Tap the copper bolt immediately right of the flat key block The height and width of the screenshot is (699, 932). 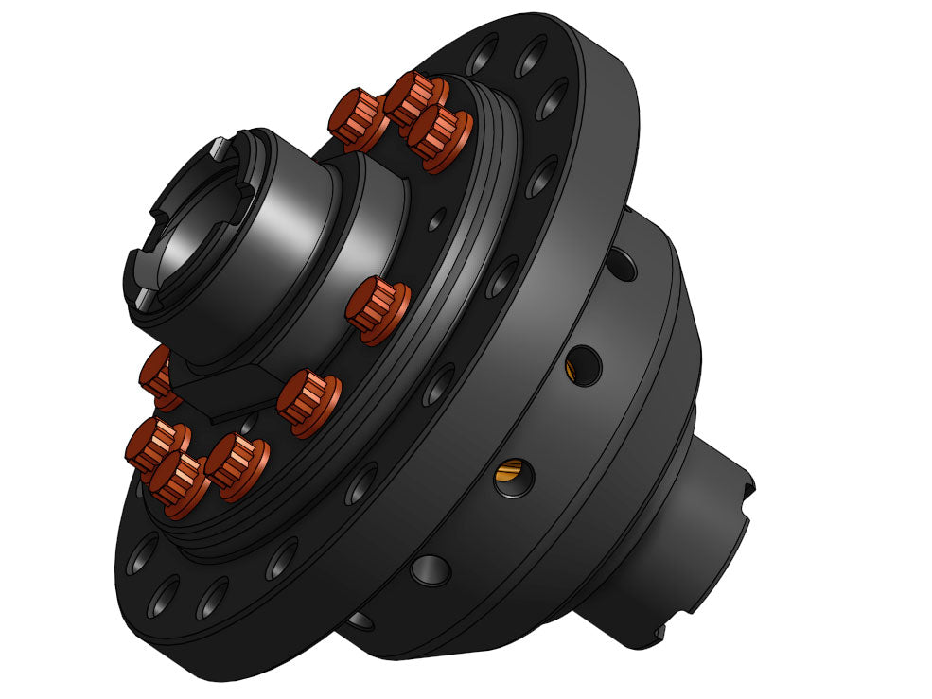[308, 401]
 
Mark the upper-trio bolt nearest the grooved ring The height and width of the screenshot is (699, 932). [439, 138]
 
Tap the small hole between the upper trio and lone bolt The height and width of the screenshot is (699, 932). [434, 223]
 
